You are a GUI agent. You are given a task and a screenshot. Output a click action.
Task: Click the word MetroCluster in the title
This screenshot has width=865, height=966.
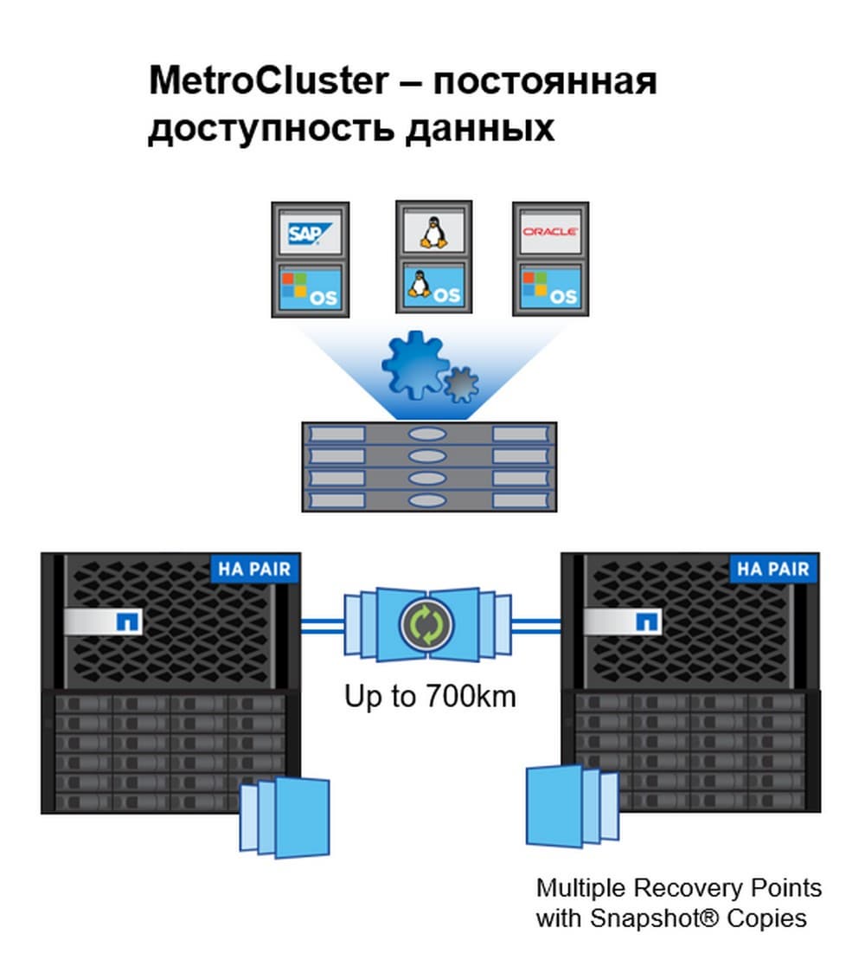point(269,81)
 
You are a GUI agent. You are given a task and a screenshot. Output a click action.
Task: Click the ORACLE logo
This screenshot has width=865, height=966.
point(550,232)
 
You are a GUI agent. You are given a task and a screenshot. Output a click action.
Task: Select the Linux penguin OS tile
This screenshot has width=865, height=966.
point(432,287)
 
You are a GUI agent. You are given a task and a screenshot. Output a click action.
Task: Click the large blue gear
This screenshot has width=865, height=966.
point(413,364)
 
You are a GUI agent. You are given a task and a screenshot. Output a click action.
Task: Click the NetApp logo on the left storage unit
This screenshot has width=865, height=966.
point(128,621)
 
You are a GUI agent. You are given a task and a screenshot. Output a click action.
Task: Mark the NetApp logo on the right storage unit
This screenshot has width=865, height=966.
point(647,621)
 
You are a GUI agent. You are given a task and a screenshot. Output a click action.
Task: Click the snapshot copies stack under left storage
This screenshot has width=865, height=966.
point(285,816)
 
